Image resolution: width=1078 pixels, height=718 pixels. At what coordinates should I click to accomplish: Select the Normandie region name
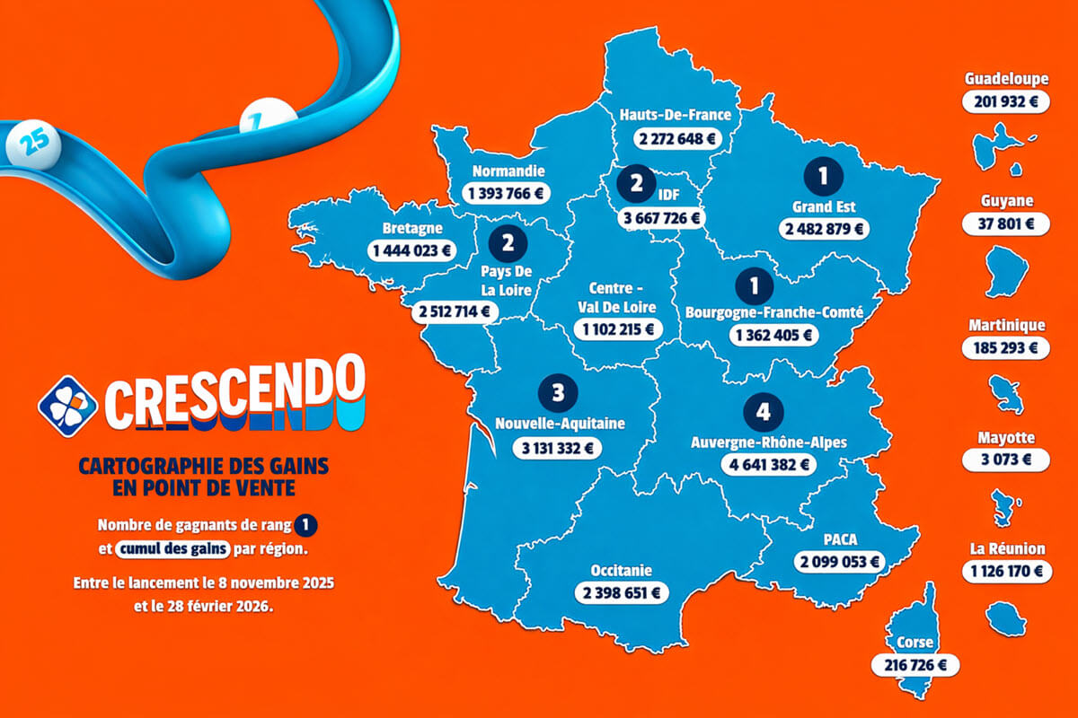click(508, 171)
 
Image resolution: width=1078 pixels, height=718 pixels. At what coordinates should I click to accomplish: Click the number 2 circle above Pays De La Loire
click(508, 242)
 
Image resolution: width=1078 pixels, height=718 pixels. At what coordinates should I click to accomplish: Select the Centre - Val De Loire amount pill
click(620, 329)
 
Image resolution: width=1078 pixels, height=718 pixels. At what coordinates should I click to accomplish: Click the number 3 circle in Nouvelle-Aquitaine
click(559, 392)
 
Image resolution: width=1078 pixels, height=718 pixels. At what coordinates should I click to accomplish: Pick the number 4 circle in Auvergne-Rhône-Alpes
click(764, 412)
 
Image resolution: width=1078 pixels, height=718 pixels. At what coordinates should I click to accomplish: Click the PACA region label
click(840, 539)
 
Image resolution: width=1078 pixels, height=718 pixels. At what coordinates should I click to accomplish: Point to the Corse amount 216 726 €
click(915, 665)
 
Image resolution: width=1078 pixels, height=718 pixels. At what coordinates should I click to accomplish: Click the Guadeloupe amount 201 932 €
click(1005, 101)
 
